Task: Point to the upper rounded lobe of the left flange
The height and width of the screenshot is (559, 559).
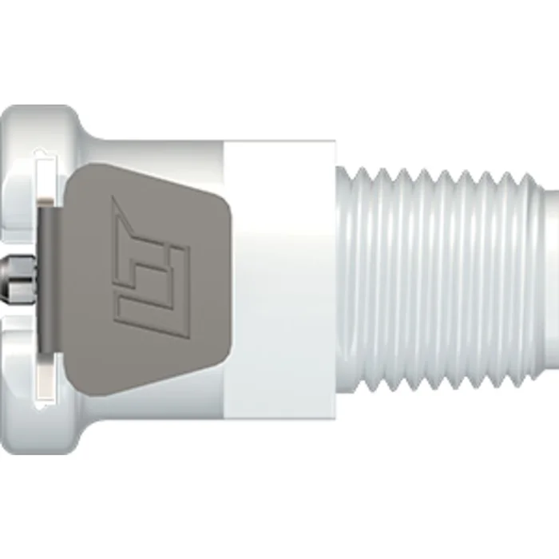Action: [x=40, y=128]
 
